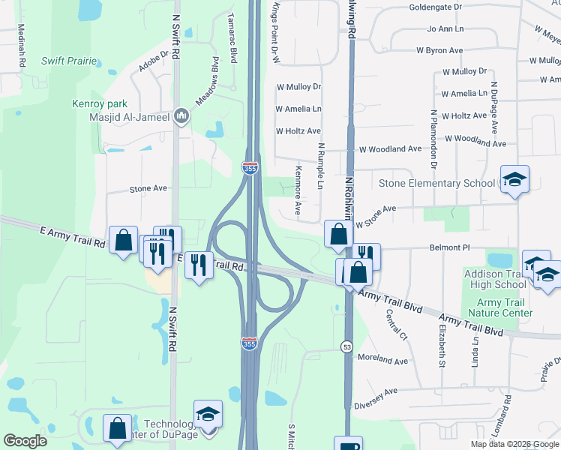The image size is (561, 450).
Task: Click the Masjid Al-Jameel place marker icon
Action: click(181, 116)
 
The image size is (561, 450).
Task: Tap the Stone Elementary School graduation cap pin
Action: click(514, 179)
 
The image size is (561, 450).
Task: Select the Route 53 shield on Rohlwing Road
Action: click(346, 346)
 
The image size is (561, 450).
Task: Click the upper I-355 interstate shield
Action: click(250, 168)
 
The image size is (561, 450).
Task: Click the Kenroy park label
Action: click(100, 103)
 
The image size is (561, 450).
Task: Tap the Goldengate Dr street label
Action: click(435, 7)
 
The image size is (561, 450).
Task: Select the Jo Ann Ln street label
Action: click(445, 28)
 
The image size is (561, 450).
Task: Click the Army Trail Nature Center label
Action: click(499, 307)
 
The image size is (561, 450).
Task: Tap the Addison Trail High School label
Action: click(495, 279)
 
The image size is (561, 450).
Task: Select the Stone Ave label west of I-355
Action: click(148, 189)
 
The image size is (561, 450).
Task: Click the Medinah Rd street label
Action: click(22, 46)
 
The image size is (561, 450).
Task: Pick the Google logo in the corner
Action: click(25, 440)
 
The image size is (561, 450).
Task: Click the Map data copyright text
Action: click(515, 444)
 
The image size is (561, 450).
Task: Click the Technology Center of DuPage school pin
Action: click(208, 413)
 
